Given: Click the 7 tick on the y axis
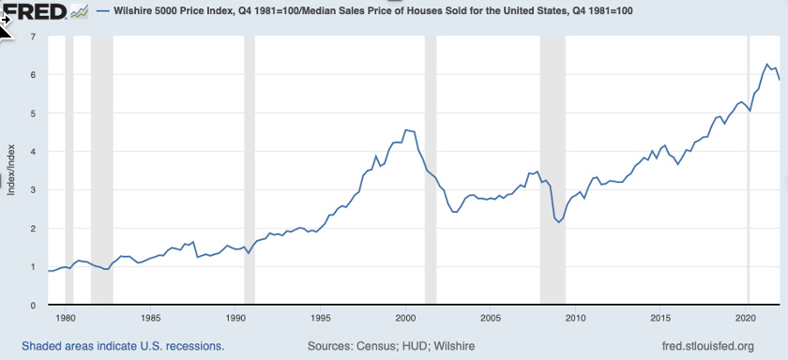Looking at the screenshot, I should (x=33, y=37).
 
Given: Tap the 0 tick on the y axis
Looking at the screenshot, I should (x=33, y=306).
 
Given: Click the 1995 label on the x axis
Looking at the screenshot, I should (x=321, y=317).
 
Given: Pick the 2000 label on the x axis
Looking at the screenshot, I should (x=406, y=317).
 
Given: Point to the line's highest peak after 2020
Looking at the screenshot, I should (x=767, y=65).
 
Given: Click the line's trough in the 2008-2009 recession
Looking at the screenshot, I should (x=560, y=222).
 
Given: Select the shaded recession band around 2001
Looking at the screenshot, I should (x=430, y=169).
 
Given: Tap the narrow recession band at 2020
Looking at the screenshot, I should (x=748, y=169).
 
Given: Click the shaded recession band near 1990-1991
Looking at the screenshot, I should (x=249, y=169).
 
